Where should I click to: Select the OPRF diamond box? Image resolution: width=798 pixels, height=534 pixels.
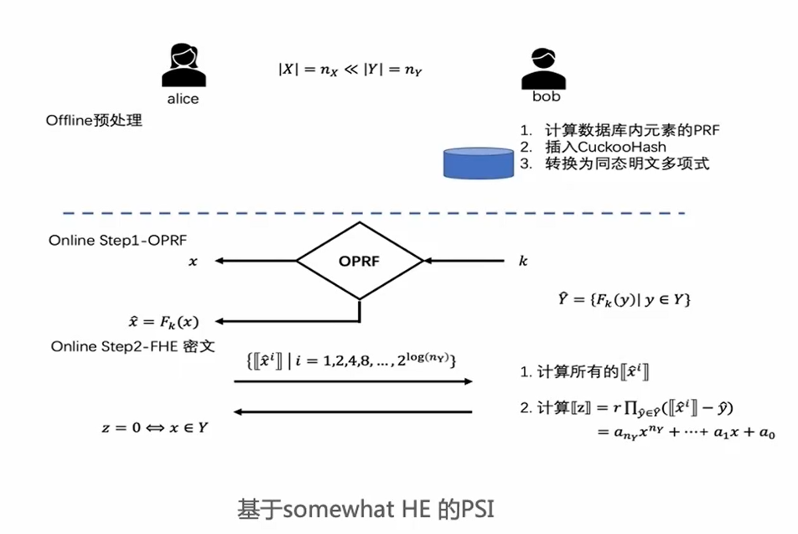[x=360, y=262]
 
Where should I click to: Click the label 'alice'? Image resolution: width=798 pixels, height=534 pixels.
[x=182, y=99]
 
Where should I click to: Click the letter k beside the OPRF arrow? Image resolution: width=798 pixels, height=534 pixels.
[x=524, y=262]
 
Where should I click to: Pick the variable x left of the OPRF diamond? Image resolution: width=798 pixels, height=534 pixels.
[x=193, y=262]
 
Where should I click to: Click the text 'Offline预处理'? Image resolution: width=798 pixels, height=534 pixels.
[x=94, y=121]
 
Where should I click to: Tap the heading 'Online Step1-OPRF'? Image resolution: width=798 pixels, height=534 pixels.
[x=117, y=241]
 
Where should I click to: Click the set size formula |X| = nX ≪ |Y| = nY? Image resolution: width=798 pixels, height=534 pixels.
[x=350, y=70]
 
